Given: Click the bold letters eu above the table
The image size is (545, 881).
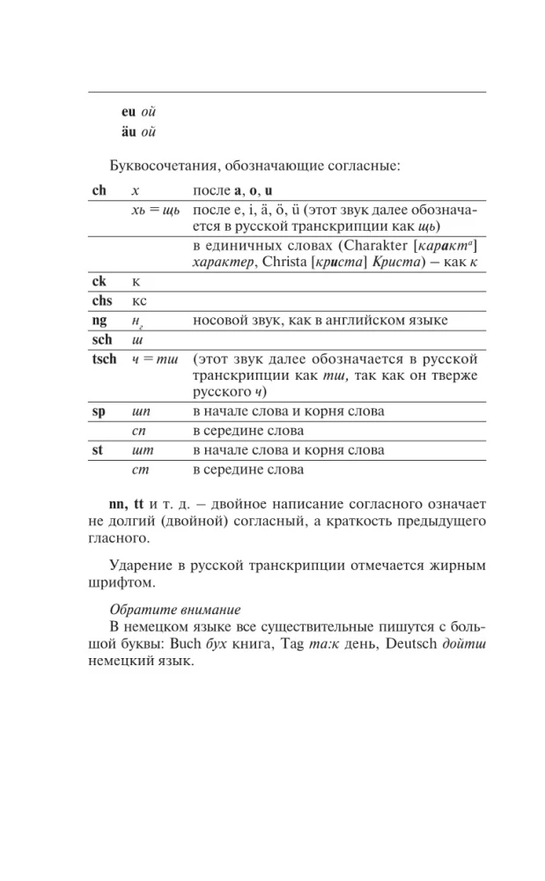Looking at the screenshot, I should coord(129,113).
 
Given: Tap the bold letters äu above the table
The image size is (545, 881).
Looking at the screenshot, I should coord(129,134).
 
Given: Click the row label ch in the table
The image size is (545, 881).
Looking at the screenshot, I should coord(99,190).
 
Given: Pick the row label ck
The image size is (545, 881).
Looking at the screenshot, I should coord(99,281).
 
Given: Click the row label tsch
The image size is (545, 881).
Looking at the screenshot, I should coord(104,359).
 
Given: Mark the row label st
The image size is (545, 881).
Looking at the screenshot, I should coord(98,450).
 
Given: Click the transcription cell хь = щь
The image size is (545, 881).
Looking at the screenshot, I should coord(150,211).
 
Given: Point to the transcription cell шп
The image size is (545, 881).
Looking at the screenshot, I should coord(140,411).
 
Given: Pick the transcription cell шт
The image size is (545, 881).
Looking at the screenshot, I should coord(140,450).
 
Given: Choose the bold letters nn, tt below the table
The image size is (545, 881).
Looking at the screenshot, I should coord(126,506).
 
